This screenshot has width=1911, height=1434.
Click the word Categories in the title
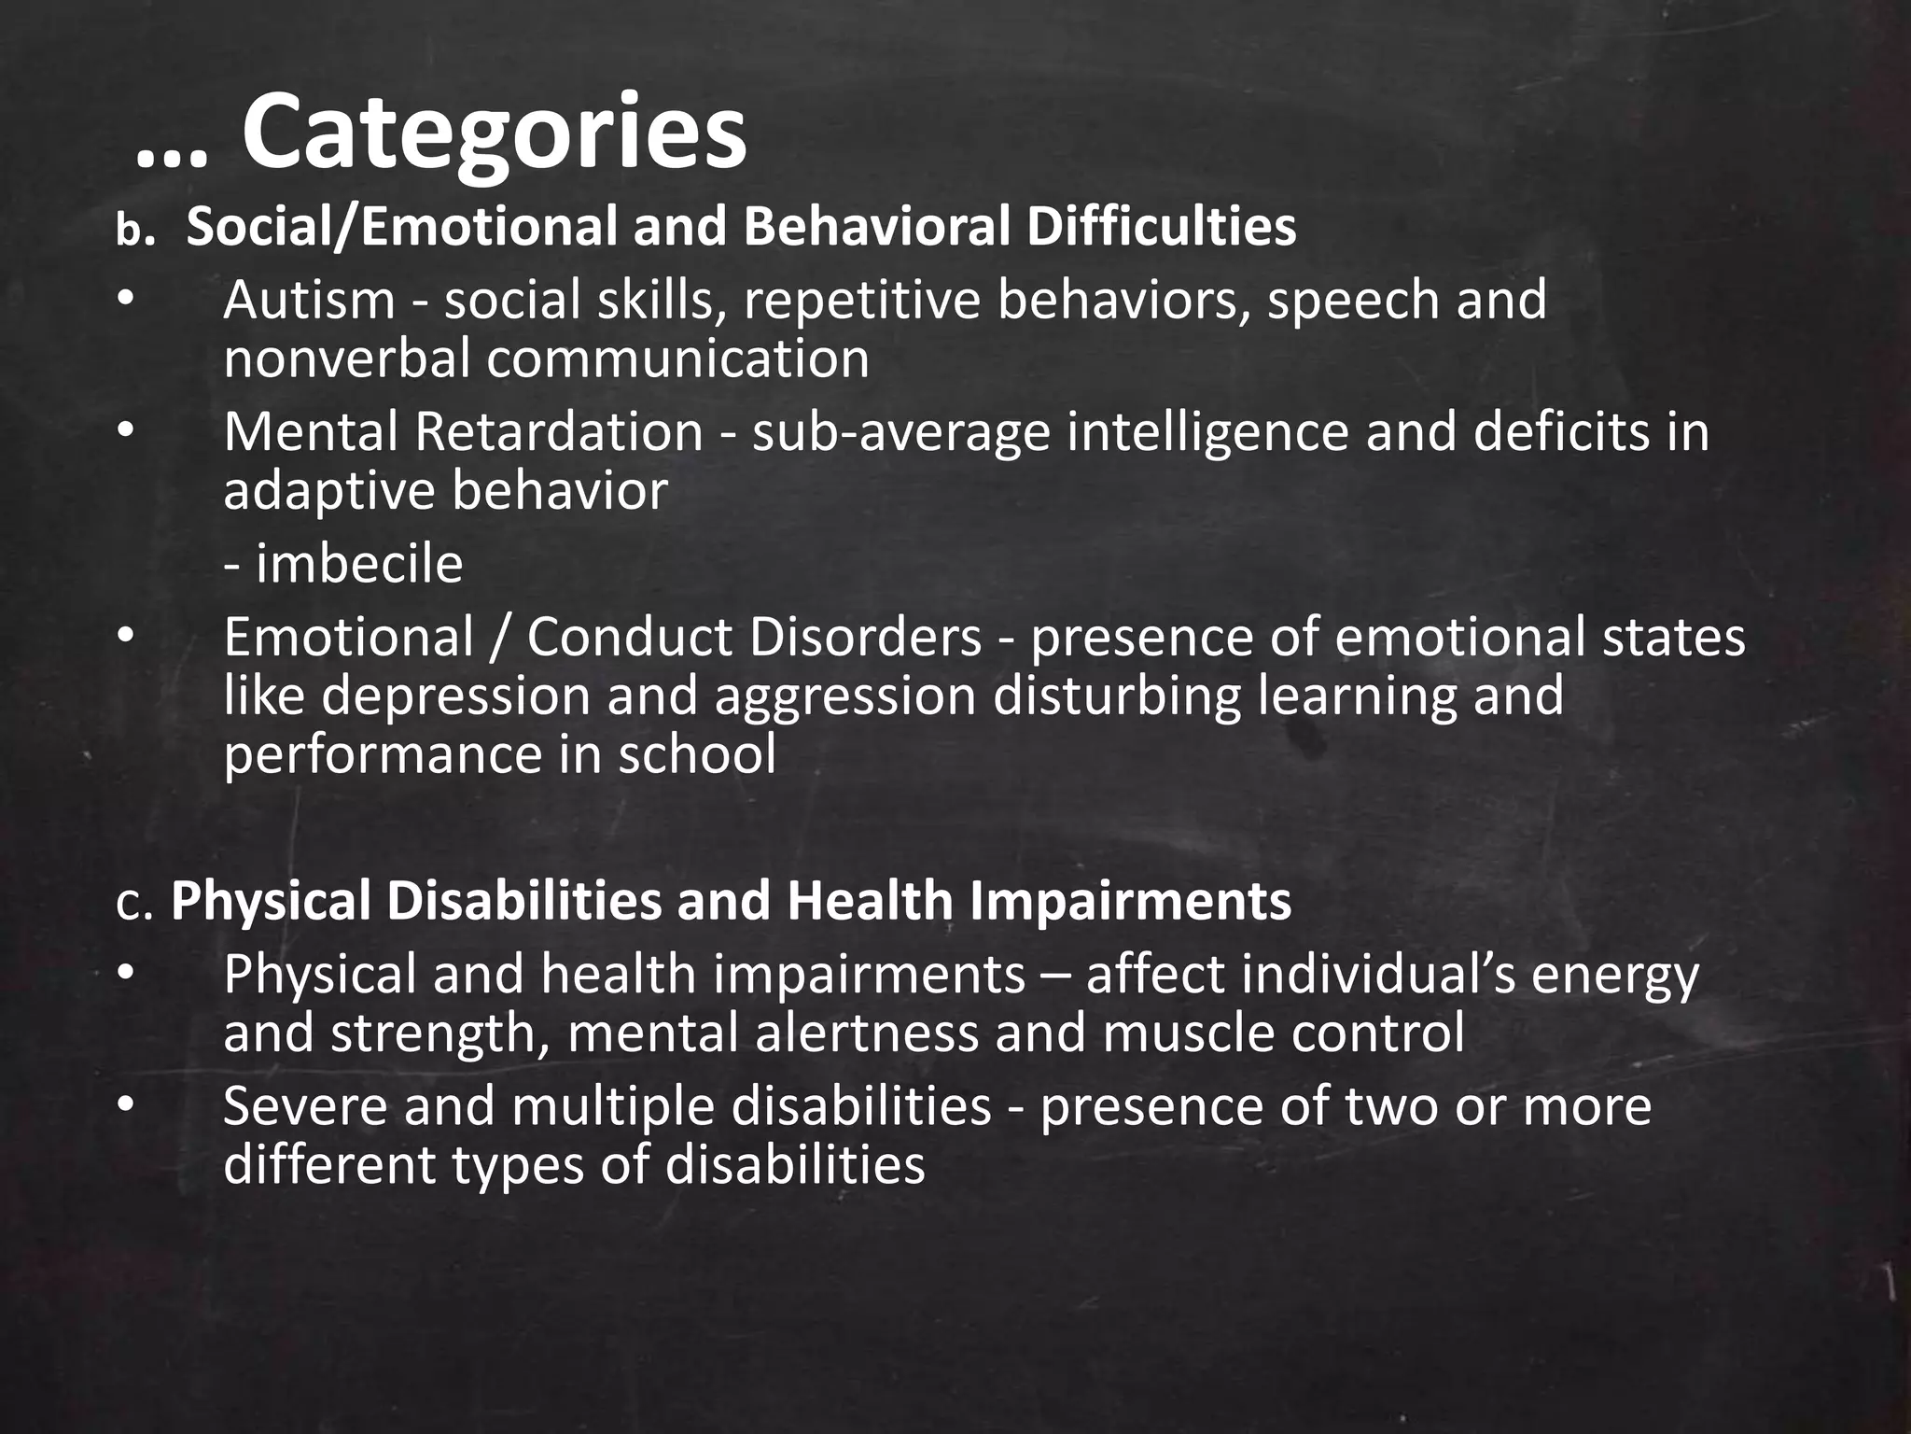(494, 133)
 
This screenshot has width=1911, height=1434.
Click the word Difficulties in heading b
(1161, 227)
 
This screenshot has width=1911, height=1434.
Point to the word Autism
(309, 301)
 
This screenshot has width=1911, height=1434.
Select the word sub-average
(900, 433)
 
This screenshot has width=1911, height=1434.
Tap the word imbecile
(358, 564)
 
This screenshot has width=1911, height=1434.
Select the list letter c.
(134, 903)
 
